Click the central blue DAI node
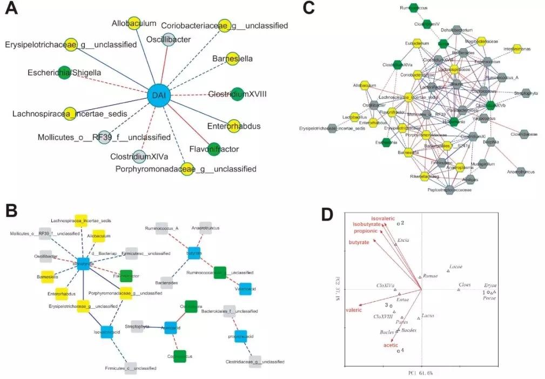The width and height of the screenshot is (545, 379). tap(159, 96)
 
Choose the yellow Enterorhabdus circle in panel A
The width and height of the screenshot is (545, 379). tap(233, 127)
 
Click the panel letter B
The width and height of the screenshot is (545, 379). tap(12, 210)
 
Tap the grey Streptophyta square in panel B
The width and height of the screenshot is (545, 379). tap(138, 327)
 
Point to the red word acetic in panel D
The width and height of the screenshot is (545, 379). tap(391, 345)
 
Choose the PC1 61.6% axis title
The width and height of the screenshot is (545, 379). tap(421, 373)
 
